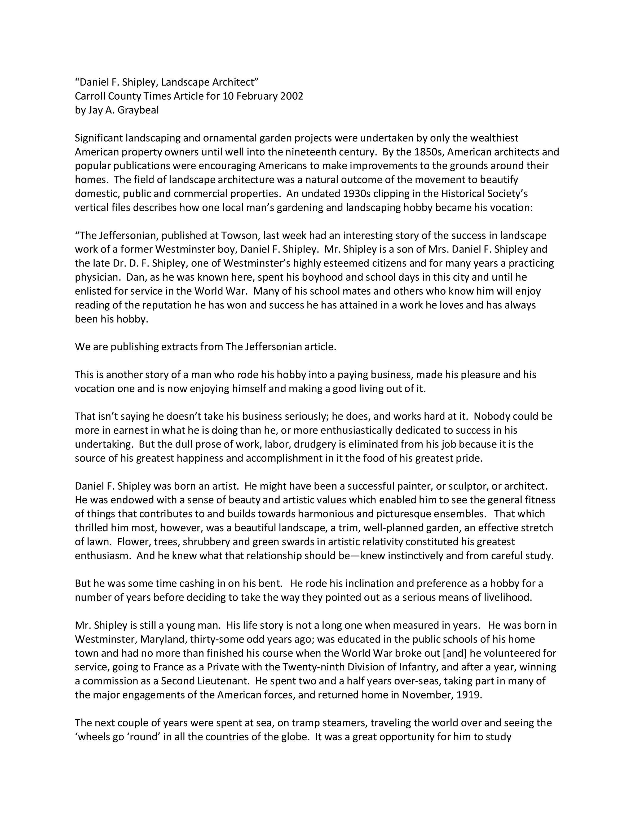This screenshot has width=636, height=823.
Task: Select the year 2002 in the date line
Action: (291, 96)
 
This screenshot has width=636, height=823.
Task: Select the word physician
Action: (96, 277)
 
